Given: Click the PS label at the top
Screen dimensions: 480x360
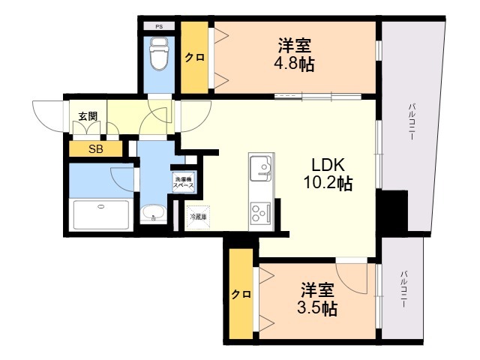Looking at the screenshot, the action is click(159, 27).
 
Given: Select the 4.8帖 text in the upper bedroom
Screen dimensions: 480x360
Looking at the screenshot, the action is click(294, 64).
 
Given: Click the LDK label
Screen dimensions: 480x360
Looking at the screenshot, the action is click(328, 165).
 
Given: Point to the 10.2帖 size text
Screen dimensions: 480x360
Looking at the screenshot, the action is click(328, 183).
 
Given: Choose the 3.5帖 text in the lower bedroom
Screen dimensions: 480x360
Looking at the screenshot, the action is click(317, 308).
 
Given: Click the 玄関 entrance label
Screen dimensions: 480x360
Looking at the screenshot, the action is click(88, 116).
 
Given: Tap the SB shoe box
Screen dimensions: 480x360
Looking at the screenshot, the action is click(95, 149).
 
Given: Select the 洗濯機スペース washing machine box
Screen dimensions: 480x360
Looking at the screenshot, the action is click(183, 182).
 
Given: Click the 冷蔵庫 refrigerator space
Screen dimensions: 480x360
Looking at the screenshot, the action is click(198, 217).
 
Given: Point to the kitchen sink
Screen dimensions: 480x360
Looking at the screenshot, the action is click(260, 168).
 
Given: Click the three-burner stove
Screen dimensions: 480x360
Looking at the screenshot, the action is click(260, 212).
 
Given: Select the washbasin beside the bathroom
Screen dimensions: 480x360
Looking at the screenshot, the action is click(153, 212).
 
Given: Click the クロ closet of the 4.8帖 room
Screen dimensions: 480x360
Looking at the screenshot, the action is click(194, 57).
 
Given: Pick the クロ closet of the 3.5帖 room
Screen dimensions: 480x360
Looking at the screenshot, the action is click(241, 294).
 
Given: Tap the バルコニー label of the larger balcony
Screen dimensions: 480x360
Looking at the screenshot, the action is click(412, 121).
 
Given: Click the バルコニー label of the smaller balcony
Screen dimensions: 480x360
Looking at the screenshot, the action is click(403, 289).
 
